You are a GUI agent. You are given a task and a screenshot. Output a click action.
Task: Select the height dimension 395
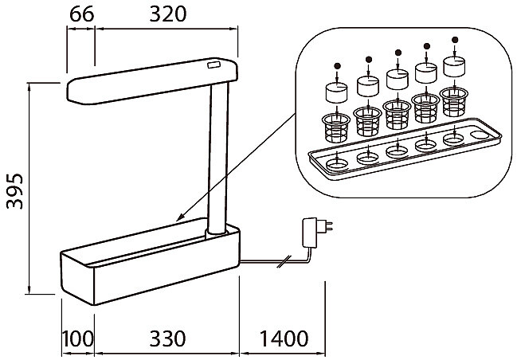[x=14, y=191]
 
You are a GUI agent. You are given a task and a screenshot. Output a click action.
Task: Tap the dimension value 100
[x=79, y=338]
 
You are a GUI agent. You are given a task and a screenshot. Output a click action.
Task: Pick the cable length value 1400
[x=283, y=338]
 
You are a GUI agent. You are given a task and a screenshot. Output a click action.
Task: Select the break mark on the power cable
[x=280, y=260]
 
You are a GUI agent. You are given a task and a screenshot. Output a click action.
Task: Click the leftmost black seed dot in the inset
[x=337, y=66]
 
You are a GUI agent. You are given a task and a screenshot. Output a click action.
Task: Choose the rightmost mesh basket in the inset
[x=455, y=100]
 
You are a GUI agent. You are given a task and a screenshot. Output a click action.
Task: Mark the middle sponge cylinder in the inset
[x=397, y=78]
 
